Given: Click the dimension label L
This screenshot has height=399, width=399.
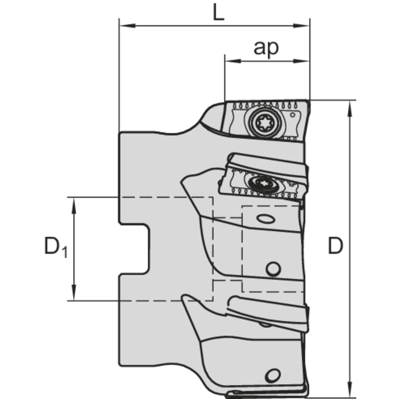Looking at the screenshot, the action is click(x=218, y=12).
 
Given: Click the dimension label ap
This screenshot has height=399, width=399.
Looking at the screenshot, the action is click(x=266, y=47).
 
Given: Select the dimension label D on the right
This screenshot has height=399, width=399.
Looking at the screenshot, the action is click(x=335, y=246).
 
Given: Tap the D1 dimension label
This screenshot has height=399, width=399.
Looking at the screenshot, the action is click(x=56, y=247).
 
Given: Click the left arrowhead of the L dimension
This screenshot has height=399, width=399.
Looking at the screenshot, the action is click(x=127, y=26).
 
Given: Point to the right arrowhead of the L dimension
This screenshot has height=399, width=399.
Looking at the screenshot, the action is click(x=302, y=26).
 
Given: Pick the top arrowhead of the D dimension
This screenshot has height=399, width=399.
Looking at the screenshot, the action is click(x=350, y=109).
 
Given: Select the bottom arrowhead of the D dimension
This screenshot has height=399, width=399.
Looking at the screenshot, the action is click(x=350, y=389).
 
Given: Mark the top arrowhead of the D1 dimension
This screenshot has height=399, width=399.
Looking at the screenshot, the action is click(x=74, y=205).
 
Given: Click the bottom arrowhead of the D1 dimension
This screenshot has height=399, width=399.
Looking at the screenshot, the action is click(x=74, y=292).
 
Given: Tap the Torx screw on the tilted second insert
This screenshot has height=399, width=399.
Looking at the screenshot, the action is click(x=263, y=183).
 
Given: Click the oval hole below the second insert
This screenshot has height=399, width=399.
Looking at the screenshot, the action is click(x=266, y=218).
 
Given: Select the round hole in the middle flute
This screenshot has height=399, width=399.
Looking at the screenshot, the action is click(x=273, y=269).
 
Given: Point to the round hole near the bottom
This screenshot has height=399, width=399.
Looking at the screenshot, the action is click(x=273, y=375).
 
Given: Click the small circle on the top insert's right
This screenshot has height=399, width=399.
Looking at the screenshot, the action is click(x=292, y=115).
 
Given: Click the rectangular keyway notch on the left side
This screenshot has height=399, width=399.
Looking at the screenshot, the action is click(x=134, y=250).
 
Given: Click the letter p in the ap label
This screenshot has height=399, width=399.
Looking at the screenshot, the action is click(x=273, y=50).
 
